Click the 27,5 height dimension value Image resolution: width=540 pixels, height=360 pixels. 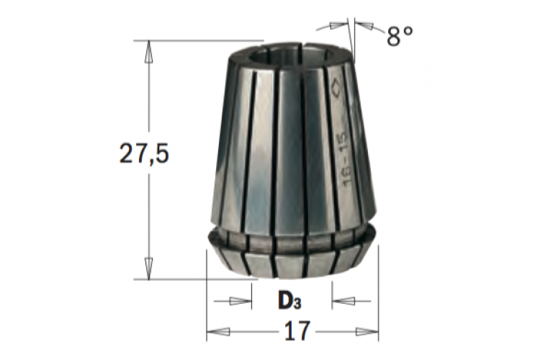pos(144,153)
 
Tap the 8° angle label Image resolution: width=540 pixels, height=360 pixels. pos(400,36)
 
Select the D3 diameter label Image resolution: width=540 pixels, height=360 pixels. pos(289,301)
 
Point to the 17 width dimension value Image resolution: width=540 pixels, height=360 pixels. pos(297,331)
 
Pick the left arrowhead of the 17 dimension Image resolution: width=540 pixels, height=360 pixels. pos(218,332)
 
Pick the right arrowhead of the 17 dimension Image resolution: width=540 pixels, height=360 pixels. pos(366,332)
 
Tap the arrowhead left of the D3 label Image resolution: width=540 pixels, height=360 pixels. pos(240,301)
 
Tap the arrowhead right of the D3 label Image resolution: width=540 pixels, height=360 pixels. pos(343,301)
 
